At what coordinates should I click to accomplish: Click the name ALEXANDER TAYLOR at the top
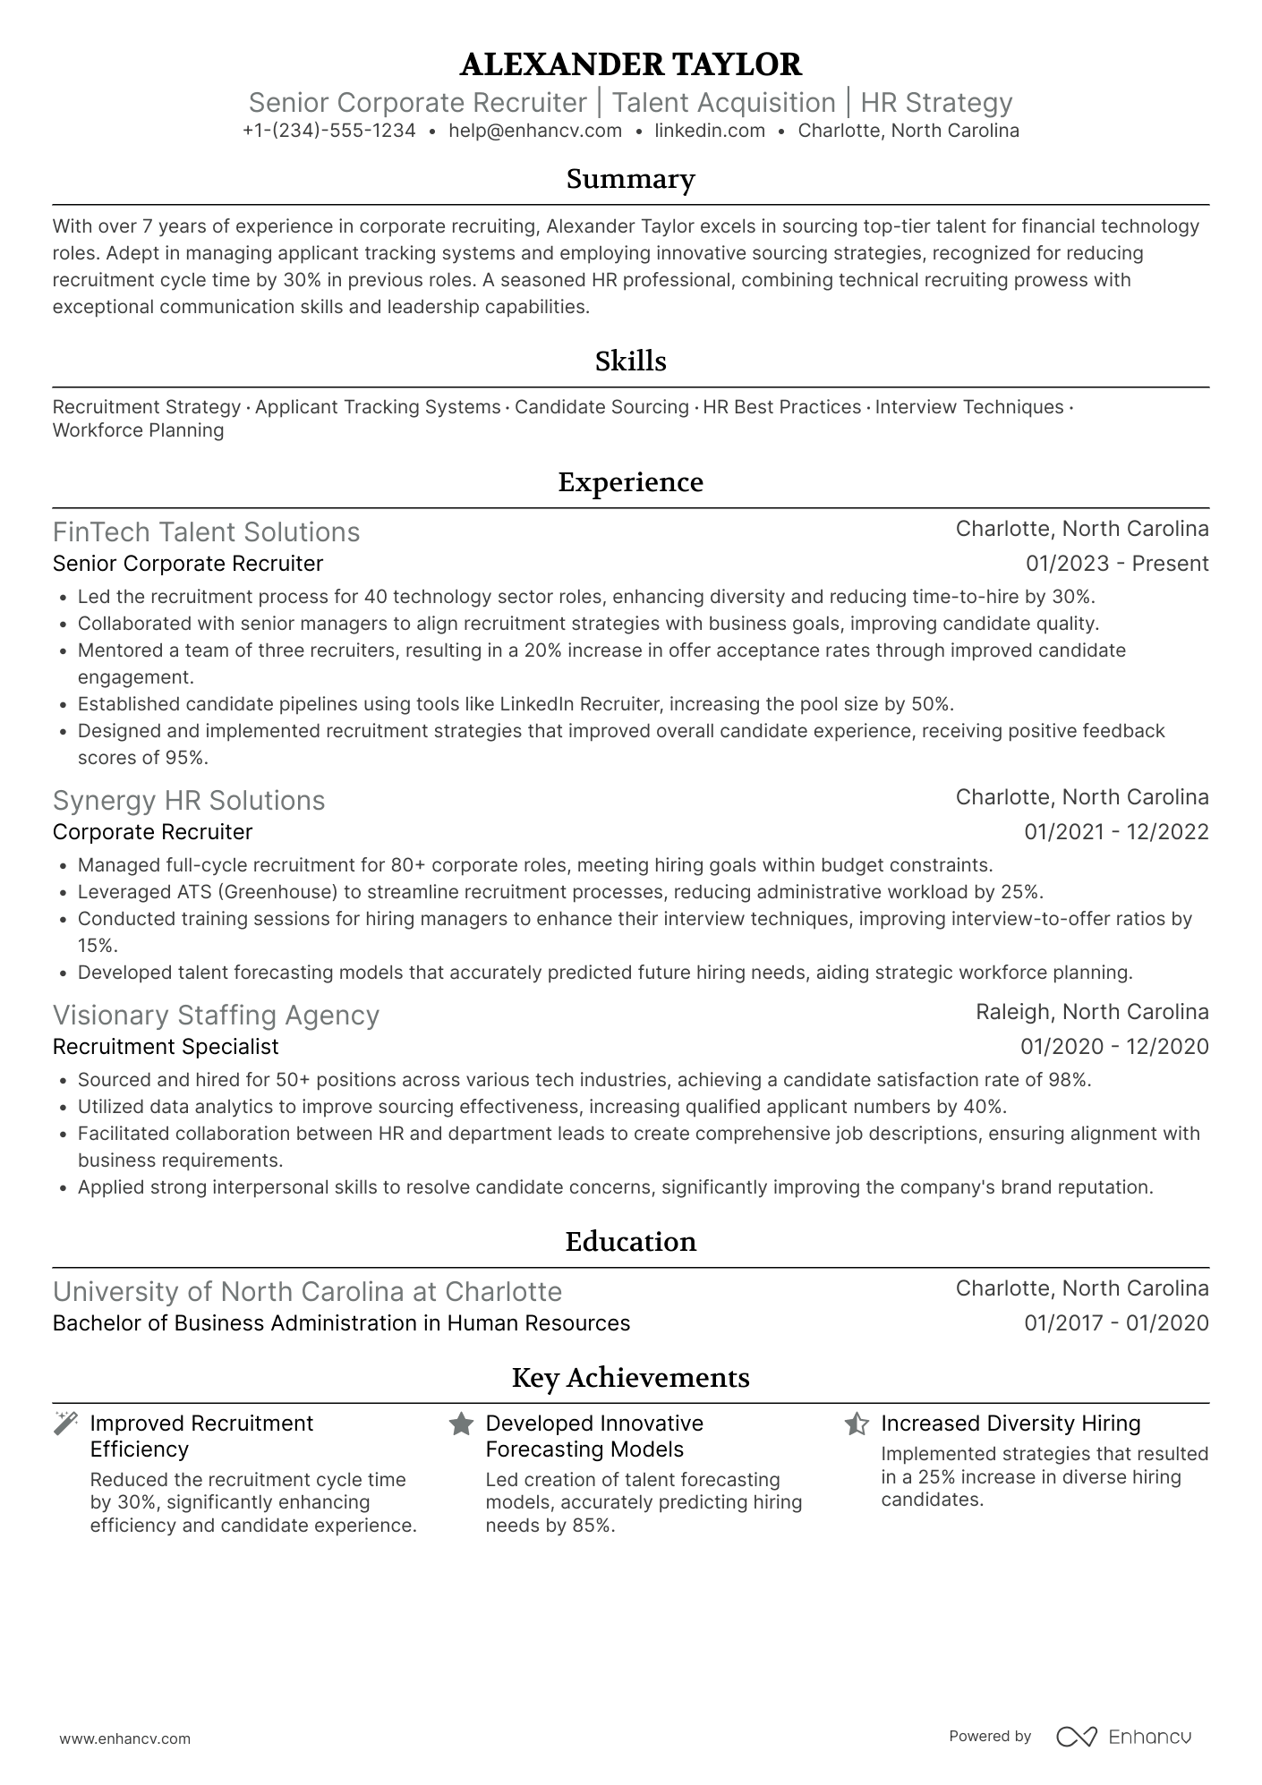630,64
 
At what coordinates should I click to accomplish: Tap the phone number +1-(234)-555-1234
328,131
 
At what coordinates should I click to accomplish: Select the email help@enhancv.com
535,131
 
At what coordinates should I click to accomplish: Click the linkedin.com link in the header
710,131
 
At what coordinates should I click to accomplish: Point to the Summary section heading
630,179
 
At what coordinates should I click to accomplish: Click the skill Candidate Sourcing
601,407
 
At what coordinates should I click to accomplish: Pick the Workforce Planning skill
138,430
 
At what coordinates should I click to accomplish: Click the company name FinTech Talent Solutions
206,532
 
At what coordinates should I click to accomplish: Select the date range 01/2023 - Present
1117,564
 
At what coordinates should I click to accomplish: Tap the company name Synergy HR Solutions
189,801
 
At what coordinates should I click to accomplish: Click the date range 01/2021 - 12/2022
1116,832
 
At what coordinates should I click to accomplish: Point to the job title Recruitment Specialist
166,1047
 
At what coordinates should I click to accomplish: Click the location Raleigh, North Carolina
1092,1012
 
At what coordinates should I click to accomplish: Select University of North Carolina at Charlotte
307,1292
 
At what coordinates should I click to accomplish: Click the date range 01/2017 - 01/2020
1116,1323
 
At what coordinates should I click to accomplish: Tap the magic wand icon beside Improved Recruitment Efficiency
65,1424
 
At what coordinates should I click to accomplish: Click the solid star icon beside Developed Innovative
461,1424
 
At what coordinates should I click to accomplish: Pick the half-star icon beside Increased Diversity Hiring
857,1424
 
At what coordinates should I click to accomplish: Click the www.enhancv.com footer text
124,1739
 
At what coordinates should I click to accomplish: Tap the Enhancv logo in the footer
1124,1737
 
